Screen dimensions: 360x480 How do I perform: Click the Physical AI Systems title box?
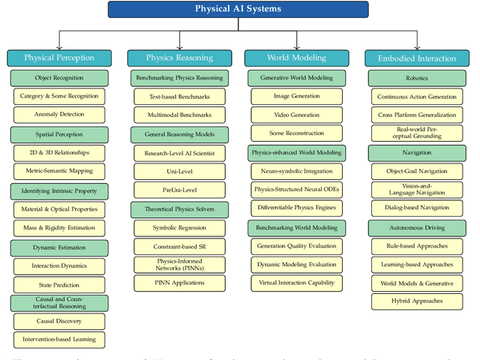[238, 9]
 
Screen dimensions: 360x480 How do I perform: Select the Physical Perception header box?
[59, 58]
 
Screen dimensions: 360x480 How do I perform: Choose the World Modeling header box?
[297, 58]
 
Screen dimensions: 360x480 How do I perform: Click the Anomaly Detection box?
[59, 115]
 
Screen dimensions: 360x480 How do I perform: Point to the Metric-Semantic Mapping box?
[59, 171]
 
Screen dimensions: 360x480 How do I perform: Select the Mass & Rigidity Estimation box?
[59, 227]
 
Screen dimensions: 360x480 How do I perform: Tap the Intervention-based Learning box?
[59, 339]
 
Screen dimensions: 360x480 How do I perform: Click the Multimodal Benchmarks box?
[178, 115]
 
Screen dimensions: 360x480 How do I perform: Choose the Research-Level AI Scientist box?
[178, 152]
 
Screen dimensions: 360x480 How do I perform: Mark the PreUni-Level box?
[178, 190]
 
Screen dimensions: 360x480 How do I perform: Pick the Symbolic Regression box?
[178, 227]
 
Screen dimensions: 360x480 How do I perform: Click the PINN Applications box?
[178, 283]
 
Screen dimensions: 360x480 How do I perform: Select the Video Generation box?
[297, 115]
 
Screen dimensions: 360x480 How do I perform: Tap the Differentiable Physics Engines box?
[297, 208]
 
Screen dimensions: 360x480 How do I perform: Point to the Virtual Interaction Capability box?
[297, 283]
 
